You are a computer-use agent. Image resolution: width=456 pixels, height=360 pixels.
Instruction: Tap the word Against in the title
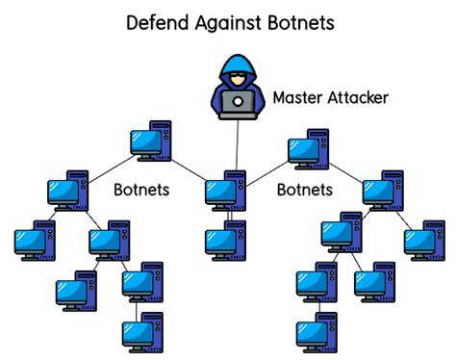tap(229, 21)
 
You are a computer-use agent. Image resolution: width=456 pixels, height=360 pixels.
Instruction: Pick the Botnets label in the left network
tap(141, 190)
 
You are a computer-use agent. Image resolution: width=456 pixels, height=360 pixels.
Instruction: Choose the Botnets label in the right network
tap(305, 190)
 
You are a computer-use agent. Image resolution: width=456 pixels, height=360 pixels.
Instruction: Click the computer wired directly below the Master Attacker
tap(225, 189)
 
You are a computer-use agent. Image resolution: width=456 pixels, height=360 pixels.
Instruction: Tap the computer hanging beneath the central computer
tap(225, 239)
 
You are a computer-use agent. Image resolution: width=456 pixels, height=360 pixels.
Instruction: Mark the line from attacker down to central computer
tap(237, 144)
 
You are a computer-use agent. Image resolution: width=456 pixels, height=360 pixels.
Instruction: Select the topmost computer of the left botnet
tap(150, 141)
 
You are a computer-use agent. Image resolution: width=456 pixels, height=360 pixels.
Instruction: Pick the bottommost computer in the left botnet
tap(142, 331)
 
